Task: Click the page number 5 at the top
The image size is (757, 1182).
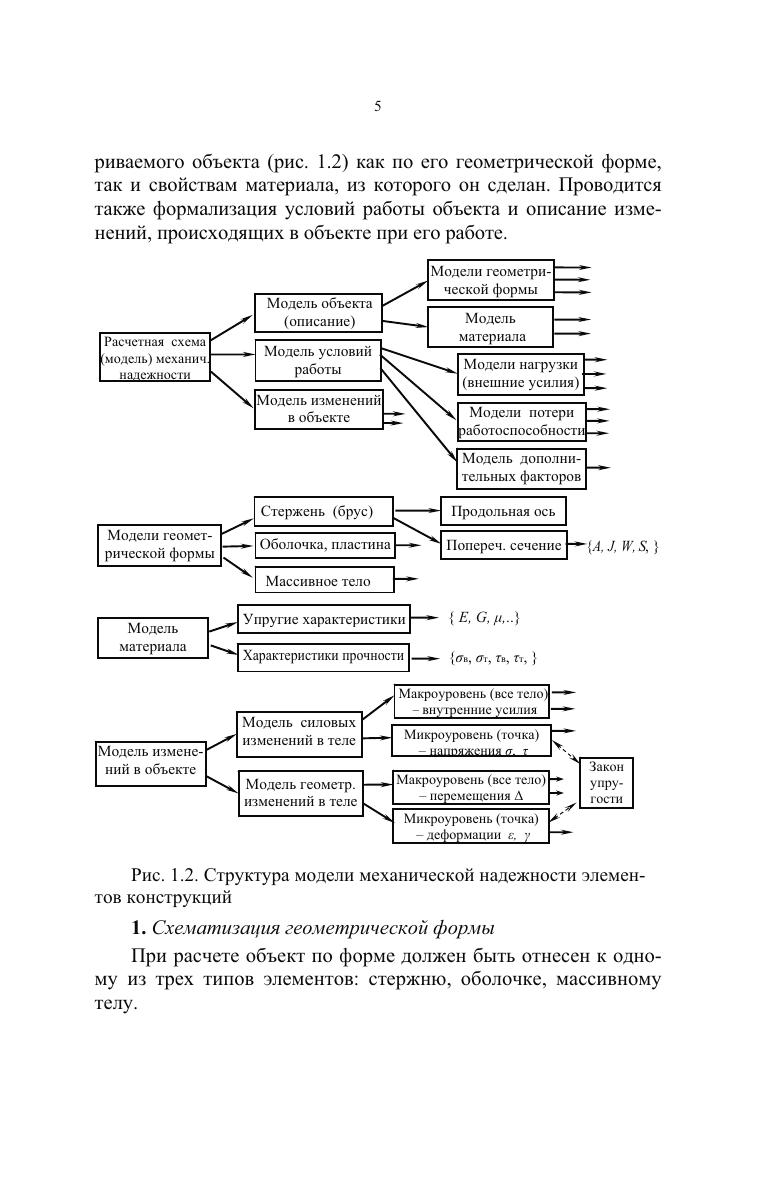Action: pos(378,107)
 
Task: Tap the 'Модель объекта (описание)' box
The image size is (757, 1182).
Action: pos(318,312)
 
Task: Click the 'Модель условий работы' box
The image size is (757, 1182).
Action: pos(318,361)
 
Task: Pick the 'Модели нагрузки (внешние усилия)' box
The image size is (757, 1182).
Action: pos(521,373)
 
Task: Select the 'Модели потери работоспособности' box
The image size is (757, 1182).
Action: pos(521,421)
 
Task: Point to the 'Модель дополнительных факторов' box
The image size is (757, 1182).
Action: pos(521,468)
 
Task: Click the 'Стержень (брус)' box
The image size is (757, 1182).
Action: pos(323,511)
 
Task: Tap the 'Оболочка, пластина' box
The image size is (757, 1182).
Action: pos(324,545)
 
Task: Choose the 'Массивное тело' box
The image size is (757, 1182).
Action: pos(323,580)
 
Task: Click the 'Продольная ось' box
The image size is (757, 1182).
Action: pos(503,512)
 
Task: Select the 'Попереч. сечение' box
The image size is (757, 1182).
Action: pos(503,546)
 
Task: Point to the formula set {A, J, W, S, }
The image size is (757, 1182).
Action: pos(624,546)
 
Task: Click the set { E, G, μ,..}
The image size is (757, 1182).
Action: pos(484,619)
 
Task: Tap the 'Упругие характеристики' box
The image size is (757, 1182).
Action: pos(324,619)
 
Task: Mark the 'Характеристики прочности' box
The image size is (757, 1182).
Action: pos(324,656)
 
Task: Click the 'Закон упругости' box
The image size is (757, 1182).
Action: pos(607,783)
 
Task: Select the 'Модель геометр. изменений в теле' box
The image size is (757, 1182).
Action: pos(301,793)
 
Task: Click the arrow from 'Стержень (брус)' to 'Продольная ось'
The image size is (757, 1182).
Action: pos(416,511)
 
